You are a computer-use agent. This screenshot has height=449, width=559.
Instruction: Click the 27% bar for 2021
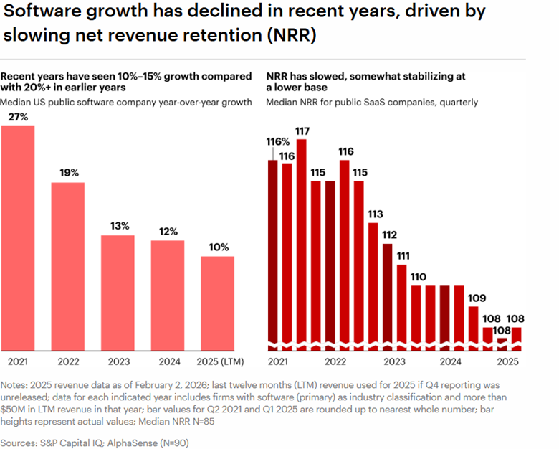click(x=18, y=237)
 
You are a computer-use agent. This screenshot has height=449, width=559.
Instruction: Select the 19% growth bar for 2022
click(x=67, y=265)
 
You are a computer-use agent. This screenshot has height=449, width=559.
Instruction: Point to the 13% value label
click(x=120, y=226)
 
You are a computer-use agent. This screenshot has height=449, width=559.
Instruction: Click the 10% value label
click(x=219, y=247)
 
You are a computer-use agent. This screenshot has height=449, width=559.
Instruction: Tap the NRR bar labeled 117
click(x=302, y=244)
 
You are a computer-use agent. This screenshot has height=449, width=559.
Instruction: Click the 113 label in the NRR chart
click(x=374, y=214)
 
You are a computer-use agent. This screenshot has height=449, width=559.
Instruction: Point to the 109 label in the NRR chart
click(x=476, y=298)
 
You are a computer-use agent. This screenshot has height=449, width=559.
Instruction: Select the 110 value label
click(x=419, y=277)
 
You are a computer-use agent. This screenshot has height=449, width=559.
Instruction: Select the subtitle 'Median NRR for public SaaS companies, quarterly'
click(x=372, y=103)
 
